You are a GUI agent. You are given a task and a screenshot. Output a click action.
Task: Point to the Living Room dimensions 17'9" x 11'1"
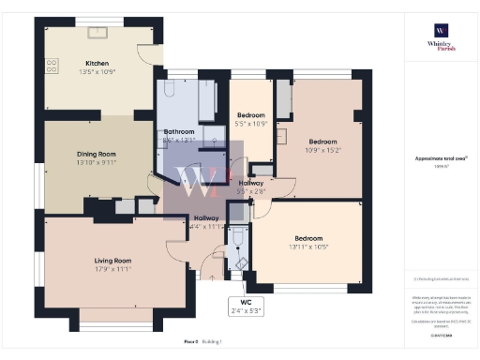[112, 268]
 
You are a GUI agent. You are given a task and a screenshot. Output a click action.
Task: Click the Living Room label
[112, 260]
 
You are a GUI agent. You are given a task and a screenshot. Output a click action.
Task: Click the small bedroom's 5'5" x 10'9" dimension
[250, 124]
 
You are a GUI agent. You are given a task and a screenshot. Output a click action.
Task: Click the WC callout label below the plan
[247, 303]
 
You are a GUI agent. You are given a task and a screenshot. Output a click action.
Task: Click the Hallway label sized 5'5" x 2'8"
[251, 183]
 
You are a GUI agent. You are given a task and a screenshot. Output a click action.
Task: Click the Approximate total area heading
[440, 158]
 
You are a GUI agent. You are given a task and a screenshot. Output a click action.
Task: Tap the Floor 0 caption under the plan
[189, 344]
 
